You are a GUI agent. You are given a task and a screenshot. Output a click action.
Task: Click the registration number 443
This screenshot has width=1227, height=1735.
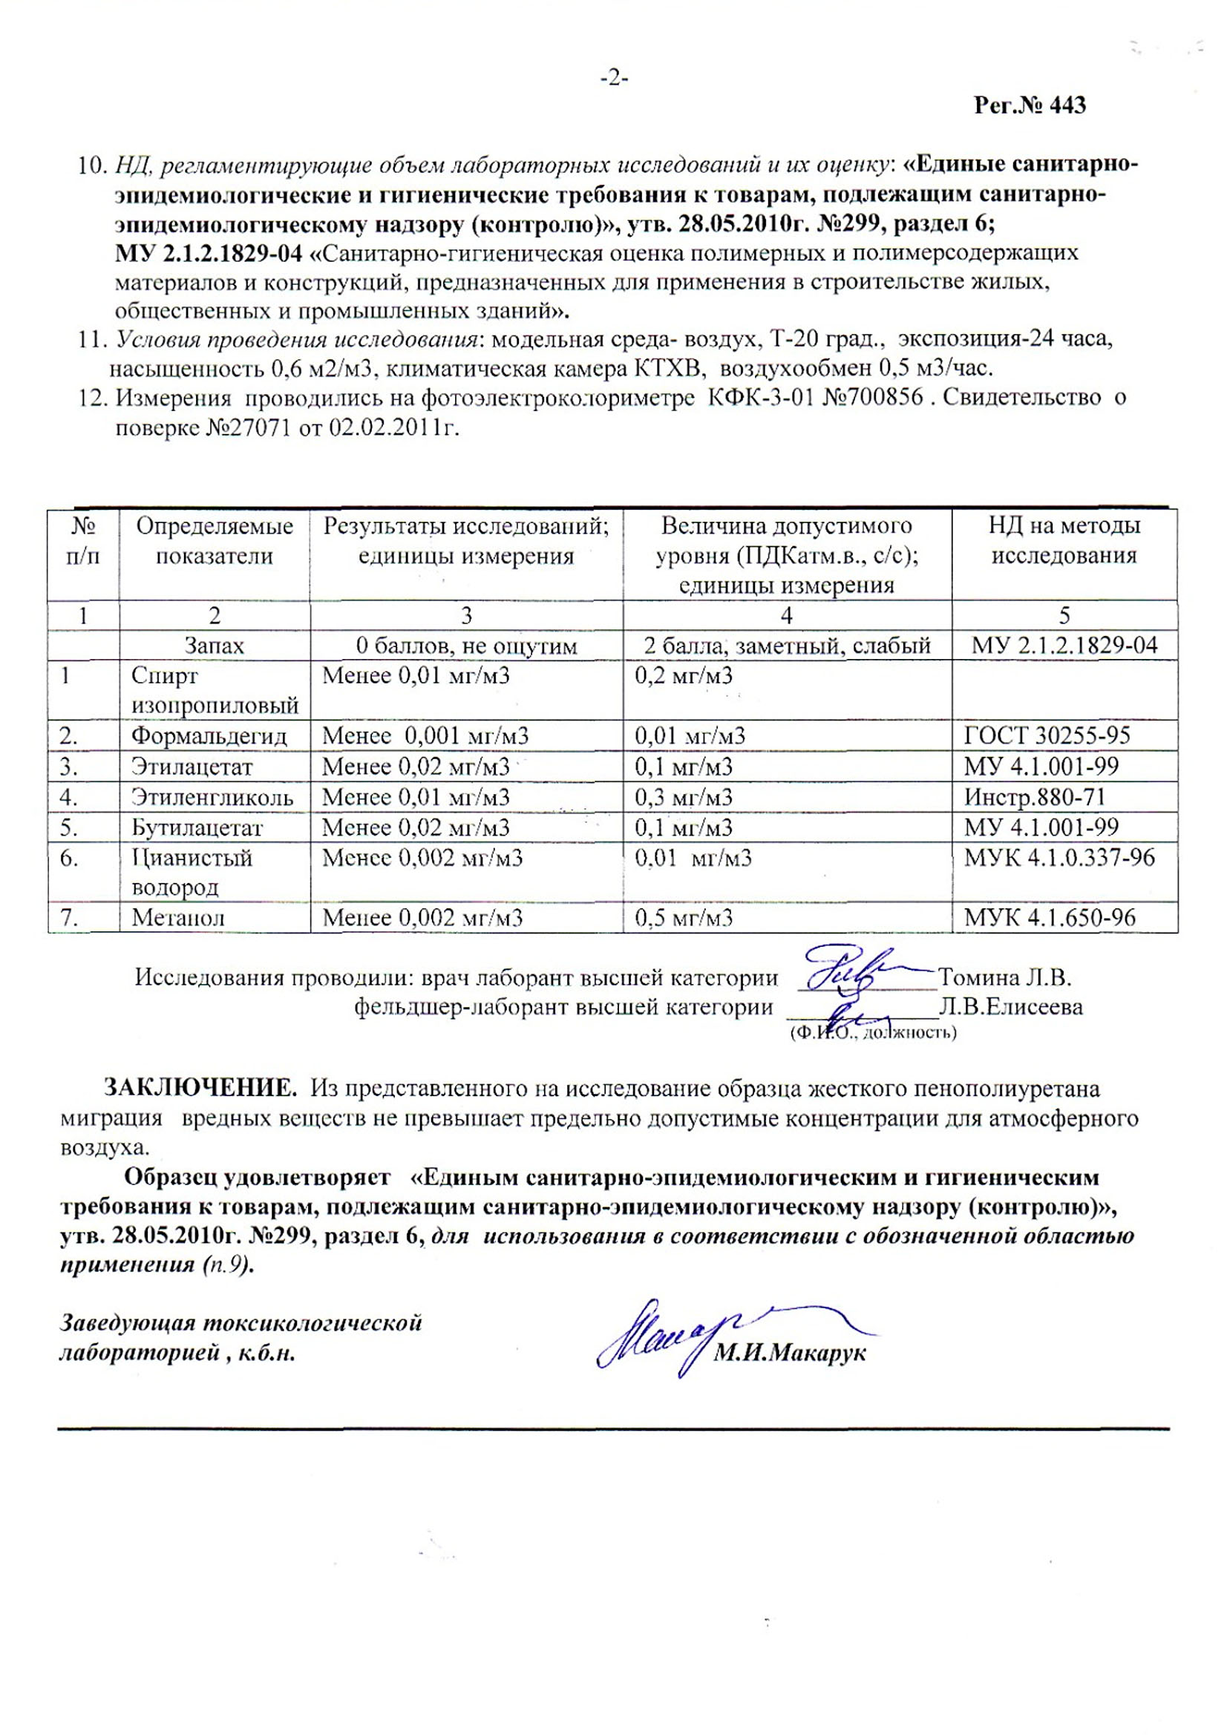(1067, 106)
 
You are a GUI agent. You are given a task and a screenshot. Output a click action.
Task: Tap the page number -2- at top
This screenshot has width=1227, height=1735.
(614, 78)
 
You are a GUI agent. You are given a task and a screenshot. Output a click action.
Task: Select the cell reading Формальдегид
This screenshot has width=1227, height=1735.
(209, 736)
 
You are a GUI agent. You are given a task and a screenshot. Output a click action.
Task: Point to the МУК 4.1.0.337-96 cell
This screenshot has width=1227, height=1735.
(1059, 858)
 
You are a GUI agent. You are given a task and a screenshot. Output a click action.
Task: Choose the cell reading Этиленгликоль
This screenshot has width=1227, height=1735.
(212, 797)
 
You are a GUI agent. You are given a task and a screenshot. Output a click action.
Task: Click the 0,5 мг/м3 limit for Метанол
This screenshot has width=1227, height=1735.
(684, 918)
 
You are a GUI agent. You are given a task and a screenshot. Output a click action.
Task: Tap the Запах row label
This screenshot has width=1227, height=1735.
(215, 646)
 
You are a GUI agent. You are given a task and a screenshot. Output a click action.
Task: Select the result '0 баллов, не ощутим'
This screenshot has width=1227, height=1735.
(465, 646)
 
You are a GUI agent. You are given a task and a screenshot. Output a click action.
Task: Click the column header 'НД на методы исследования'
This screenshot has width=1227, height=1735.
(1064, 541)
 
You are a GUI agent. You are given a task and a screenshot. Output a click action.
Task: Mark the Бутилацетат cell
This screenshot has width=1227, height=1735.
(197, 827)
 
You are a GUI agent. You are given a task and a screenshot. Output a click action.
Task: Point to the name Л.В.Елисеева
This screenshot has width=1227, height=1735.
(1011, 1007)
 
